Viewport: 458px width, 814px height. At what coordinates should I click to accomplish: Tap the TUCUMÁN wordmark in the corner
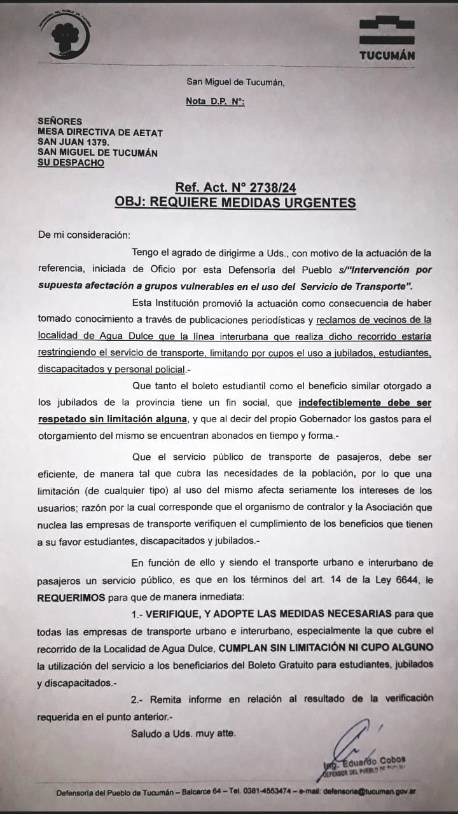387,55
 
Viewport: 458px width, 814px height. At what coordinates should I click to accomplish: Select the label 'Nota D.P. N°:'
215,101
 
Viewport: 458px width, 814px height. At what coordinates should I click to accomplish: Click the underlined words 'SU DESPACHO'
71,163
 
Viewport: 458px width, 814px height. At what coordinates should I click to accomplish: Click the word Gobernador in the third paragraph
330,418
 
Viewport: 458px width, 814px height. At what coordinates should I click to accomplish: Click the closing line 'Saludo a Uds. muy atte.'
183,733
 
